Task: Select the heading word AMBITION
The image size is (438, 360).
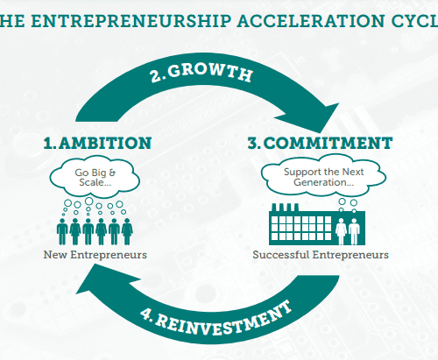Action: click(105, 143)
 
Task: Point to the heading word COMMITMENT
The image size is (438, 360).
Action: click(328, 143)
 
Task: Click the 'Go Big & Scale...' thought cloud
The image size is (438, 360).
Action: click(95, 178)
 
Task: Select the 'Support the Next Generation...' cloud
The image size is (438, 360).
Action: click(323, 176)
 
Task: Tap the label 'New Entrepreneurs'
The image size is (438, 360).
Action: click(95, 255)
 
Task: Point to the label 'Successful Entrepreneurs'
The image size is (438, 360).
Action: click(321, 255)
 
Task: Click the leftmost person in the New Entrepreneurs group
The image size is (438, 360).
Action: click(62, 231)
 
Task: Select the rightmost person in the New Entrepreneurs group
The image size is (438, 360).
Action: click(127, 231)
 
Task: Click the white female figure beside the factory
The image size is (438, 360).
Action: click(341, 231)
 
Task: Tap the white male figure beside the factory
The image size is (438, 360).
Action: click(354, 231)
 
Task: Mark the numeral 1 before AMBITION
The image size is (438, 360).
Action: click(48, 143)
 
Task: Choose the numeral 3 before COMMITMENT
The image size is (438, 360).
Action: click(253, 143)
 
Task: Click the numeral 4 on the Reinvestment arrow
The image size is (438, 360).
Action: click(145, 314)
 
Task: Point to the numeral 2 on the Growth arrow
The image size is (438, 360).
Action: click(156, 75)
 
